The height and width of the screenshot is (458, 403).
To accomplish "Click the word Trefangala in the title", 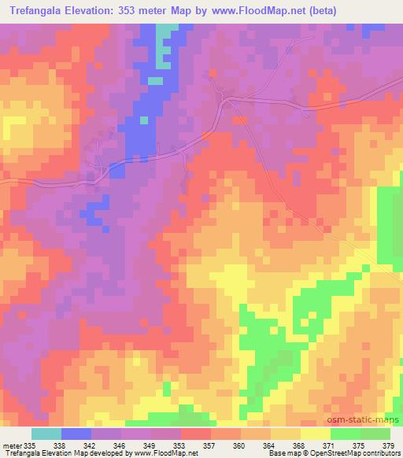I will [37, 12].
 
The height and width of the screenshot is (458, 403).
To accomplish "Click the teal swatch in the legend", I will [46, 434].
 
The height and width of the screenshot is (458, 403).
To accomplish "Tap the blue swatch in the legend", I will [76, 434].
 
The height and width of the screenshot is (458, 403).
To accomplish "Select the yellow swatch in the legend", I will [316, 434].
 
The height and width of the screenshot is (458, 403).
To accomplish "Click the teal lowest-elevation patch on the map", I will [166, 47].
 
